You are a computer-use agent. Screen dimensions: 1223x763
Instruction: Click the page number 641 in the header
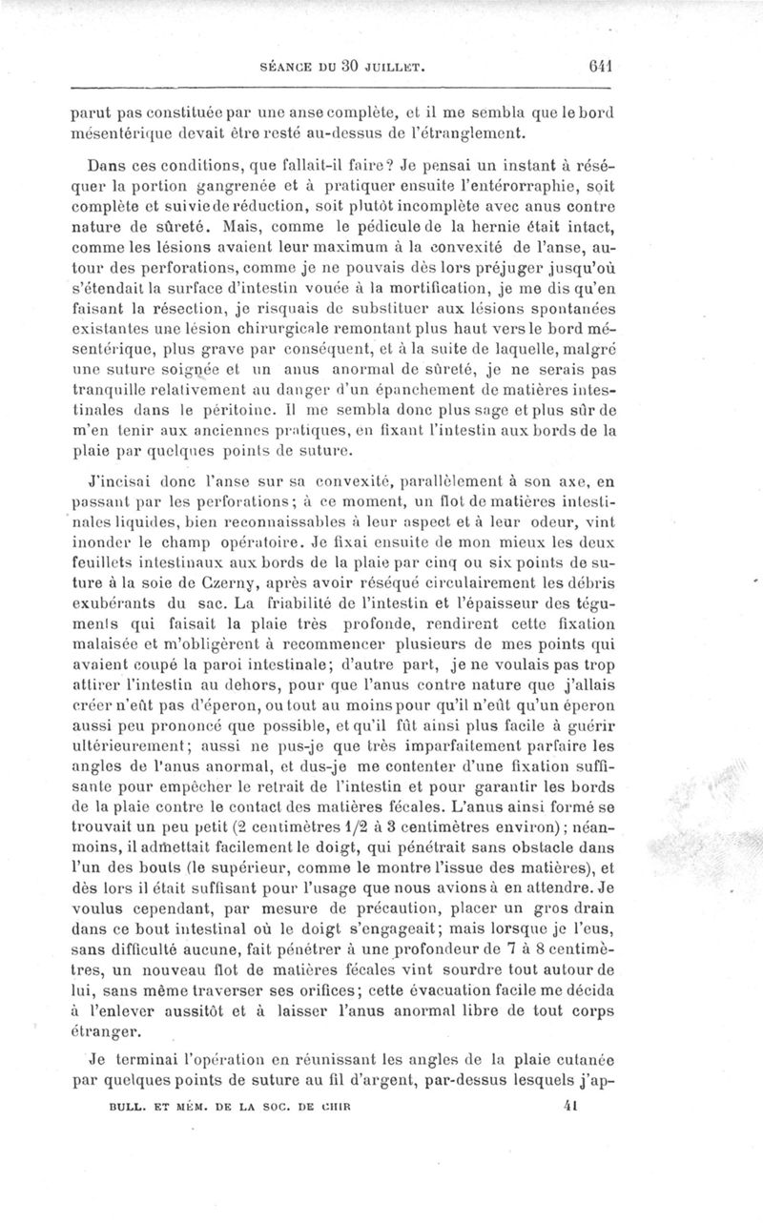tap(600, 68)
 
